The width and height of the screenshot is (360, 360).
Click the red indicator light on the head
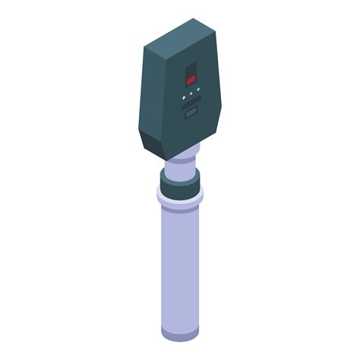coord(191,79)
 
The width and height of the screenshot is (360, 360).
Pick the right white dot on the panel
coord(198,89)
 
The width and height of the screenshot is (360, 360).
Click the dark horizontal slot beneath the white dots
coord(191,109)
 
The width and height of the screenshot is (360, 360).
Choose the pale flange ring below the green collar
coord(180,199)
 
